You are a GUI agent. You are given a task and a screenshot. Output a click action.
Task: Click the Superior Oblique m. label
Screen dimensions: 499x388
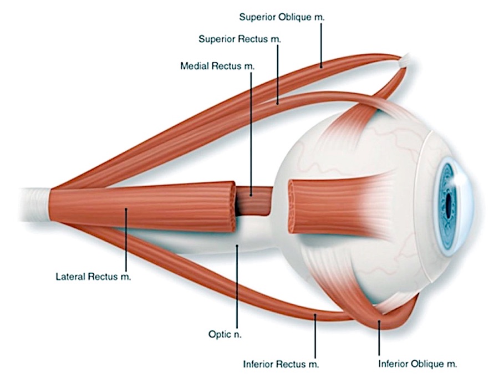282,17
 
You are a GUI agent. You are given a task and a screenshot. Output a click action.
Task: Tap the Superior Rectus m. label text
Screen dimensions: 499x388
240,39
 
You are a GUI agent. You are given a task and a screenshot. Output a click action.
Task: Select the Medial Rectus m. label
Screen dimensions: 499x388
217,66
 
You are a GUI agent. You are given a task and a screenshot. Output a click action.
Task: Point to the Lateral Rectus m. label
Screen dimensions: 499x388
93,277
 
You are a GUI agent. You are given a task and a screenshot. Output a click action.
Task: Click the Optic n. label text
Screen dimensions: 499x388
225,334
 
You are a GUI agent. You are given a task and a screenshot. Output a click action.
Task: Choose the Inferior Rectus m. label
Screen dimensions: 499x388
281,364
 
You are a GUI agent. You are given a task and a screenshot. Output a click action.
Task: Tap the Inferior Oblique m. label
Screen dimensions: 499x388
417,364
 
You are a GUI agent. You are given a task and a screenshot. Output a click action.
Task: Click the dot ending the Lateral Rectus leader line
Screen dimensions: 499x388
126,209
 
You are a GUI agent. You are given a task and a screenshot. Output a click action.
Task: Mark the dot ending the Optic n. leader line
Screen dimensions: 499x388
237,245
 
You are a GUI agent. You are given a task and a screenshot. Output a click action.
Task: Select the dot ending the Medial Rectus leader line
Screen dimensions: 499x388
251,195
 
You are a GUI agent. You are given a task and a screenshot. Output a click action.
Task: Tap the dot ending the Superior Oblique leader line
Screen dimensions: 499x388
321,67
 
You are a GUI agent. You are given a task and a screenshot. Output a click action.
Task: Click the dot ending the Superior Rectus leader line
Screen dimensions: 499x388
278,103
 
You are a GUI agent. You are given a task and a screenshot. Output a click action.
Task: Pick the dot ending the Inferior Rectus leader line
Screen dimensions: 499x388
315,315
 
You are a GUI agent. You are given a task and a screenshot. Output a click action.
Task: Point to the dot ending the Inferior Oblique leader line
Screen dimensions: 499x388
379,322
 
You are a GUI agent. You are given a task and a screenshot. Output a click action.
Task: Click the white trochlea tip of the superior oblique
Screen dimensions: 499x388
405,62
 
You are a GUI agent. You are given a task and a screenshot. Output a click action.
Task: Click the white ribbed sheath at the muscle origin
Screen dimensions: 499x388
34,206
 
